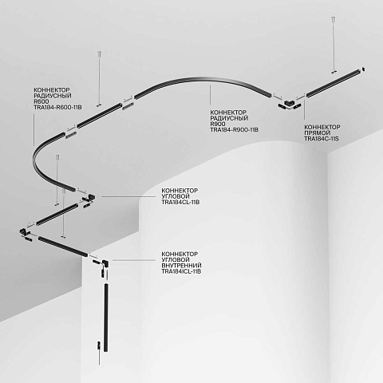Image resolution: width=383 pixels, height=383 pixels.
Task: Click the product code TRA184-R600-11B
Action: tap(57, 108)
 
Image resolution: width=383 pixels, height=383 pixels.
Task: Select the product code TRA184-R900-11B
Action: tap(234, 130)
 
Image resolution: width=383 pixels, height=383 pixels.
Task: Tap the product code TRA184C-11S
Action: tap(322, 139)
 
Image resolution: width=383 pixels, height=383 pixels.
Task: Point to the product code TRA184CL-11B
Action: tap(180, 202)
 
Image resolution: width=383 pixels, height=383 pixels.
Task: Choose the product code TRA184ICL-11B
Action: tap(181, 271)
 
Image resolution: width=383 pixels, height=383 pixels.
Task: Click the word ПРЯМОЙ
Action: tap(318, 132)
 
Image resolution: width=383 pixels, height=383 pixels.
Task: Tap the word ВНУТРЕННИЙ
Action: tap(181, 266)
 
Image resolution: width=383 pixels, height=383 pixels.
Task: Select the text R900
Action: tap(218, 124)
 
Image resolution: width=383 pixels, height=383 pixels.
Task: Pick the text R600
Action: tap(41, 101)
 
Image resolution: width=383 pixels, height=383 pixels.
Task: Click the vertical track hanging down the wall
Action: tap(106, 318)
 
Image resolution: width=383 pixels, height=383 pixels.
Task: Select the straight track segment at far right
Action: tap(334, 81)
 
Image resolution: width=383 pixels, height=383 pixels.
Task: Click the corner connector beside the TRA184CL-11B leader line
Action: tap(89, 197)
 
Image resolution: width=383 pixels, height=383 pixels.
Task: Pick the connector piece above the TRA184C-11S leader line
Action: tap(289, 102)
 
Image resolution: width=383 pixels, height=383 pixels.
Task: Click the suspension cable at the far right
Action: tap(333, 45)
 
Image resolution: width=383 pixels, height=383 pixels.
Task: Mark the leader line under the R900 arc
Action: tap(211, 94)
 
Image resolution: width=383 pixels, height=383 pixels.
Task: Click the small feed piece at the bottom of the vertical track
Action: tap(99, 345)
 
